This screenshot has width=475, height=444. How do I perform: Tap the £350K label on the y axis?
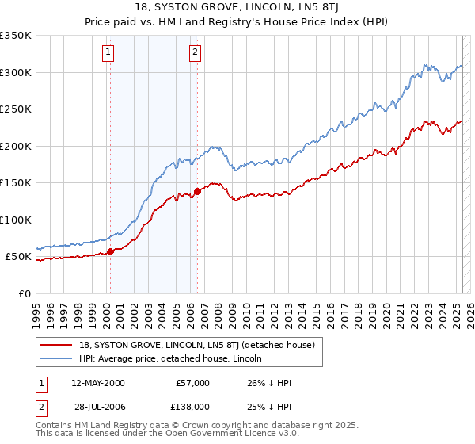tap(16, 36)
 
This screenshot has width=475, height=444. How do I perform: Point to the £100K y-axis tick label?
tap(16, 220)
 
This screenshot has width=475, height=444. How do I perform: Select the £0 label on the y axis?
tap(25, 293)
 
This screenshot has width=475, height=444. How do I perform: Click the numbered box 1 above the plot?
tap(108, 53)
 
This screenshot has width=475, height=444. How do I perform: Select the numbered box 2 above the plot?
tap(195, 53)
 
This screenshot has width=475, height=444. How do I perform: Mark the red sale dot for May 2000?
tap(111, 251)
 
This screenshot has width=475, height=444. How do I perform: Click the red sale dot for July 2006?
tap(197, 191)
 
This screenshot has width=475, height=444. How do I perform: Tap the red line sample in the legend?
tap(56, 345)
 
